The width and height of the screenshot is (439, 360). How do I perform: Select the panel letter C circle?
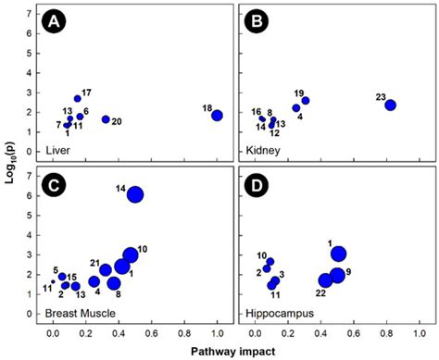(x=57, y=184)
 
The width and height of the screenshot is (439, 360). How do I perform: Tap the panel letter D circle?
(x=255, y=184)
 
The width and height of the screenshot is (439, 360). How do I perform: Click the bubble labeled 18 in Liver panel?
(x=217, y=116)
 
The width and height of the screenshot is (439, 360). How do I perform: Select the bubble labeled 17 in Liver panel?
(x=78, y=99)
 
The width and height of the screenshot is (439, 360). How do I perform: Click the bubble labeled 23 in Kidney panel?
(x=390, y=106)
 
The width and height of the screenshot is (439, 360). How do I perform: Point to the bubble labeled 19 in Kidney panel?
(x=306, y=100)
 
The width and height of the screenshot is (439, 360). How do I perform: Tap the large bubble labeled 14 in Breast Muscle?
(x=135, y=194)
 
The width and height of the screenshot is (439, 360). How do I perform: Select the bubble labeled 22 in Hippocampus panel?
(x=325, y=280)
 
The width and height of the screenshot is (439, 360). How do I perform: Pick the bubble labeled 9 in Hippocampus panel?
(x=337, y=275)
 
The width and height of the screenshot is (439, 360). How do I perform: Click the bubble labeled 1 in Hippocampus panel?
(x=338, y=254)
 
